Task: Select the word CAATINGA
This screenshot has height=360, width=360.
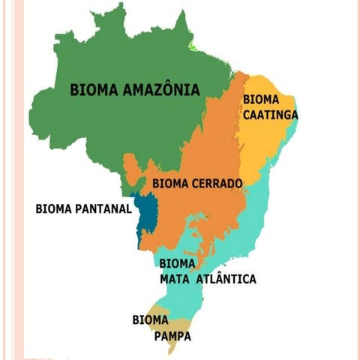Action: click(271, 115)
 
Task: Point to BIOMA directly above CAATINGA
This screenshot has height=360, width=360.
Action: click(260, 100)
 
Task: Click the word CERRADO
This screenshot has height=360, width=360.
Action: click(216, 183)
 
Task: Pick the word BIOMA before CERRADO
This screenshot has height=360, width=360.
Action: click(169, 183)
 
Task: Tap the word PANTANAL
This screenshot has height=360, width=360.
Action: click(103, 208)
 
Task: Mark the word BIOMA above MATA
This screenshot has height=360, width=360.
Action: click(177, 264)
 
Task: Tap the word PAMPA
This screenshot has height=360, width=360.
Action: click(172, 337)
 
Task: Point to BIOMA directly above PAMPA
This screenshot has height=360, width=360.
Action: click(150, 320)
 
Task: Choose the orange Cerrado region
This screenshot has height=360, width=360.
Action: click(202, 217)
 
